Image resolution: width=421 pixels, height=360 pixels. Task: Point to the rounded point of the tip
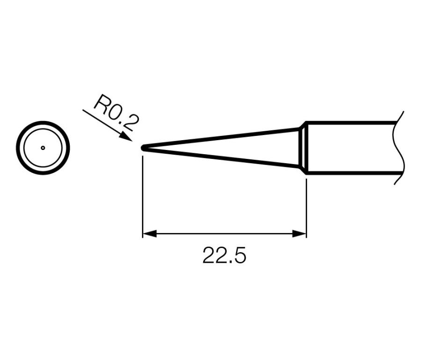(142, 148)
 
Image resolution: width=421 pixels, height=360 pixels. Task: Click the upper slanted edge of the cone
(220, 138)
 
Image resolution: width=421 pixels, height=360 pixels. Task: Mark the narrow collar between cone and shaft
(303, 148)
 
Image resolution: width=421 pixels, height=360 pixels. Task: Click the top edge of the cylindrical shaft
(351, 123)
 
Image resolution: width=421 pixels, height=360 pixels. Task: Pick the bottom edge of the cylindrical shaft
(351, 173)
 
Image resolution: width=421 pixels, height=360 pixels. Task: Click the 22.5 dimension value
(224, 256)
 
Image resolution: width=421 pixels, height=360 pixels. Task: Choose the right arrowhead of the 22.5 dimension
(300, 233)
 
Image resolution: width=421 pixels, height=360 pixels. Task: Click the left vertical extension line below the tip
(142, 197)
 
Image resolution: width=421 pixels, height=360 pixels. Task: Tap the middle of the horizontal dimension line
(224, 233)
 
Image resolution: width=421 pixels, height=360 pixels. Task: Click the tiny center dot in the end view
(43, 148)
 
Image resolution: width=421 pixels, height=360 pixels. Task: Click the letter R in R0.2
(100, 103)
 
